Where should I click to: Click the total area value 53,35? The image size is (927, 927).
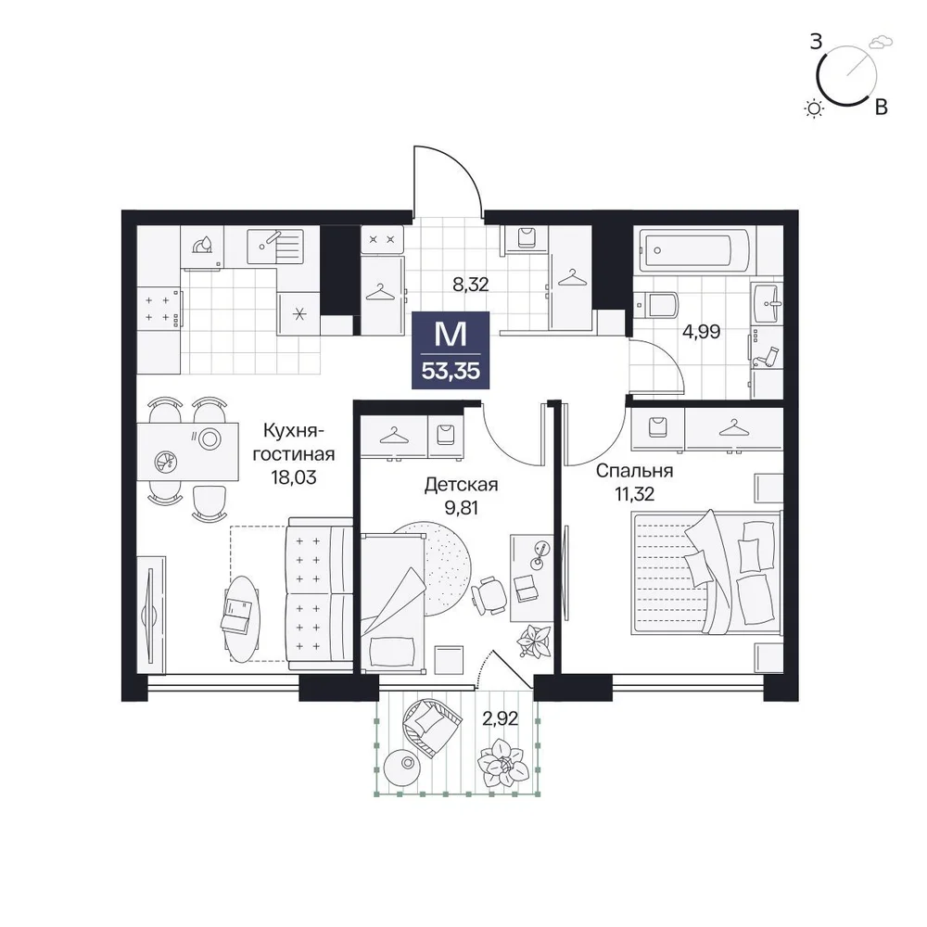click(451, 372)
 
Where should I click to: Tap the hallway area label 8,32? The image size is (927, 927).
click(471, 285)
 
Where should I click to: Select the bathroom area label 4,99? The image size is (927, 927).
click(701, 332)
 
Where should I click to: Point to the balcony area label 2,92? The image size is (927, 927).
click(501, 718)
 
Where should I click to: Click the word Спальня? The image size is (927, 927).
click(634, 471)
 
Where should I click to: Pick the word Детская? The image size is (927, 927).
click(461, 485)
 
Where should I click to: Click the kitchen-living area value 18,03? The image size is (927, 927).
click(294, 476)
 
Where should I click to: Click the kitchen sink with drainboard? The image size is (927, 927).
click(275, 247)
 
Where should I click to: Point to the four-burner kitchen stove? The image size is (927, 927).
click(159, 309)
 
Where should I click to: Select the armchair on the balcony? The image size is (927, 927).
click(430, 724)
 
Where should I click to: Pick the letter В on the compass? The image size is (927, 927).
click(881, 107)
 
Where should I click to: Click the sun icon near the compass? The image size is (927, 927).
click(815, 108)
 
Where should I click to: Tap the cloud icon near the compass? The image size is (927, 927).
click(881, 42)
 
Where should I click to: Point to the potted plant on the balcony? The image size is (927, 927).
click(503, 763)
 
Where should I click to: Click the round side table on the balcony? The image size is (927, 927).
click(405, 765)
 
